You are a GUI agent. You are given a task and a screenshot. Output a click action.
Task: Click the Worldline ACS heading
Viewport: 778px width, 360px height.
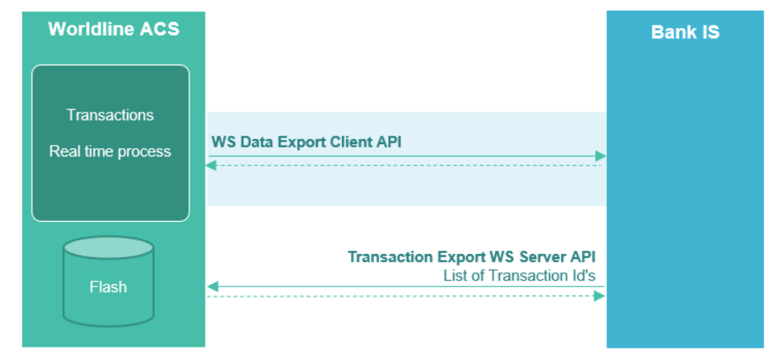113,31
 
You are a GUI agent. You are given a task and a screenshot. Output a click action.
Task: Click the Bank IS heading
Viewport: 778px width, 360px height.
684,33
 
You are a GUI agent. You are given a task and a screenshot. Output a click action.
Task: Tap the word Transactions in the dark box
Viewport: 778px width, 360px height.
110,115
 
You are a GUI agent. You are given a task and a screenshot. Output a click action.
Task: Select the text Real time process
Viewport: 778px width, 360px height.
110,151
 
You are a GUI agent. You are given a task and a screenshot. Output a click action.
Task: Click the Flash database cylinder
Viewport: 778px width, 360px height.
108,281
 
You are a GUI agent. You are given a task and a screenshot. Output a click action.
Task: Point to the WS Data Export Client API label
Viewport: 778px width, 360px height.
306,142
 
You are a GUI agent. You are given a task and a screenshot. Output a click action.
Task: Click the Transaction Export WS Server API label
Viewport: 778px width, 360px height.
472,257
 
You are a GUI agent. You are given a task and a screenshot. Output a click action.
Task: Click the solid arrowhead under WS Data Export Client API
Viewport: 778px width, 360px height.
602,156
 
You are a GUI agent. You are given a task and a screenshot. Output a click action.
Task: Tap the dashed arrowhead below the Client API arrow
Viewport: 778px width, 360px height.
211,166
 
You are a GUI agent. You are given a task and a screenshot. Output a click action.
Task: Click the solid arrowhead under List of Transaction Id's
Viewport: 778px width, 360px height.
212,287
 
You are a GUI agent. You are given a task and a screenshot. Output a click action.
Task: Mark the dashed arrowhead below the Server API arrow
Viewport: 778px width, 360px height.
601,296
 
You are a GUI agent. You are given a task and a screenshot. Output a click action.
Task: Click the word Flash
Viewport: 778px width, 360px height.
108,287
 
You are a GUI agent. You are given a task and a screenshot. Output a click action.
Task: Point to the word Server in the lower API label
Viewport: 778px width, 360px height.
543,257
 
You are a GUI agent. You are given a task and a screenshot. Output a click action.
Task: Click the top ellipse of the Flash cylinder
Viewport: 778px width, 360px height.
108,248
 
